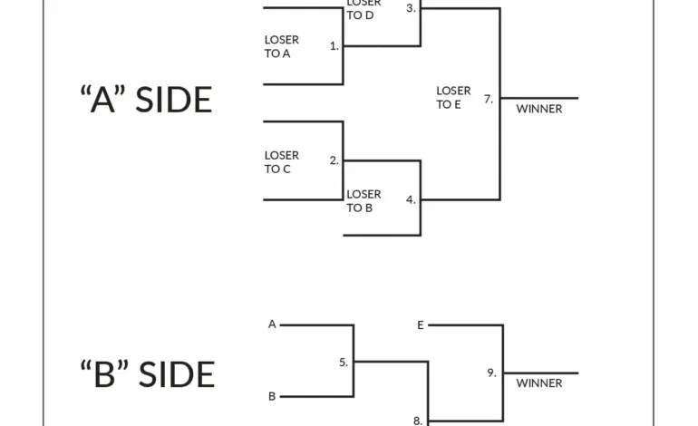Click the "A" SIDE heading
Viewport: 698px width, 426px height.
(x=146, y=100)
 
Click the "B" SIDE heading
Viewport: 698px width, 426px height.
(x=148, y=374)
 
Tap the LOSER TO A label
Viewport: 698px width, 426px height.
(x=282, y=47)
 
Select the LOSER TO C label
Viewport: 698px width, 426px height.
(x=282, y=162)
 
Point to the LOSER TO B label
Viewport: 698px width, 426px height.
(x=364, y=201)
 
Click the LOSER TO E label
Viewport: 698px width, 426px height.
(x=453, y=98)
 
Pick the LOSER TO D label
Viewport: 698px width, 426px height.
(x=364, y=10)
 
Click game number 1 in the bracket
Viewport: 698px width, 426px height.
(x=334, y=46)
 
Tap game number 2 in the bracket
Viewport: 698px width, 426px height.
(x=334, y=160)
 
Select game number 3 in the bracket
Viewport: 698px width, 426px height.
(x=412, y=8)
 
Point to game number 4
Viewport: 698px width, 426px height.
(x=412, y=200)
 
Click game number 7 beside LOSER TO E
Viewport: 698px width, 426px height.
(x=489, y=99)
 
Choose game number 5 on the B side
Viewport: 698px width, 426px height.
(x=344, y=363)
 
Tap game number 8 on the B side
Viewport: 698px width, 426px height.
(x=418, y=421)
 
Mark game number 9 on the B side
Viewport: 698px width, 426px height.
(x=491, y=373)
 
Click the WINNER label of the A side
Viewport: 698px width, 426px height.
(x=539, y=109)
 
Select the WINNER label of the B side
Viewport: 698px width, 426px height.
(x=539, y=383)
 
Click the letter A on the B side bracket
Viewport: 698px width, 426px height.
(x=272, y=324)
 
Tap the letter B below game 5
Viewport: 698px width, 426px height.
(x=272, y=396)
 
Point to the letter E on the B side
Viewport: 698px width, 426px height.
(x=421, y=325)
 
